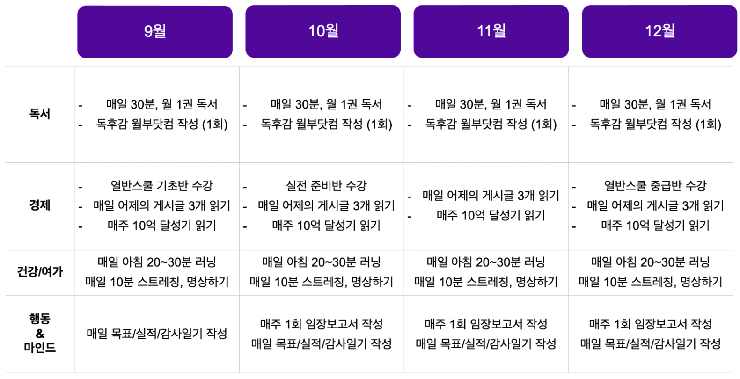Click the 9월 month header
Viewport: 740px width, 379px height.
point(154,32)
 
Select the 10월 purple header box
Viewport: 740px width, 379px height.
point(323,31)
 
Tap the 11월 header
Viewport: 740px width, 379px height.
point(491,31)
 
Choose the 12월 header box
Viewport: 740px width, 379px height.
point(659,31)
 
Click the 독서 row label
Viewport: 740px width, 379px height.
point(40,114)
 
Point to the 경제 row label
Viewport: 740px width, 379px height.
point(40,205)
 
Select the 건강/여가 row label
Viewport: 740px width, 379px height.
point(40,272)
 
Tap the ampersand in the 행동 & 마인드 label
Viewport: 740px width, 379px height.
point(40,334)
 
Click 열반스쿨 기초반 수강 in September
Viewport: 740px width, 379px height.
point(161,186)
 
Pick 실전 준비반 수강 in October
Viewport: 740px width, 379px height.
point(326,186)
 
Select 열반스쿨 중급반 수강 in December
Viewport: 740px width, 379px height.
point(655,186)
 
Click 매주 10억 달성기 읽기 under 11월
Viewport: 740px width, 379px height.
point(491,215)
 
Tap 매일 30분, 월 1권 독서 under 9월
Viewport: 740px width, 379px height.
point(161,104)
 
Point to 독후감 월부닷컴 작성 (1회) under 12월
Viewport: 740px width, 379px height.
point(655,124)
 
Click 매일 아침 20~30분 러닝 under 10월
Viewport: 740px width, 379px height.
point(322,262)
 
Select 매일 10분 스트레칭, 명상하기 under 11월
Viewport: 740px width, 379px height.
point(486,282)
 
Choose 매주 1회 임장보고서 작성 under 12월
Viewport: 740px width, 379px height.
point(650,324)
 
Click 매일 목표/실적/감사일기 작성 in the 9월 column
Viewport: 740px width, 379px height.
point(157,334)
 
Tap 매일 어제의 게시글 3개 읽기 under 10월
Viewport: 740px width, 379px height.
point(326,206)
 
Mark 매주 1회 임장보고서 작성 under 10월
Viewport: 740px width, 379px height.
point(322,324)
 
